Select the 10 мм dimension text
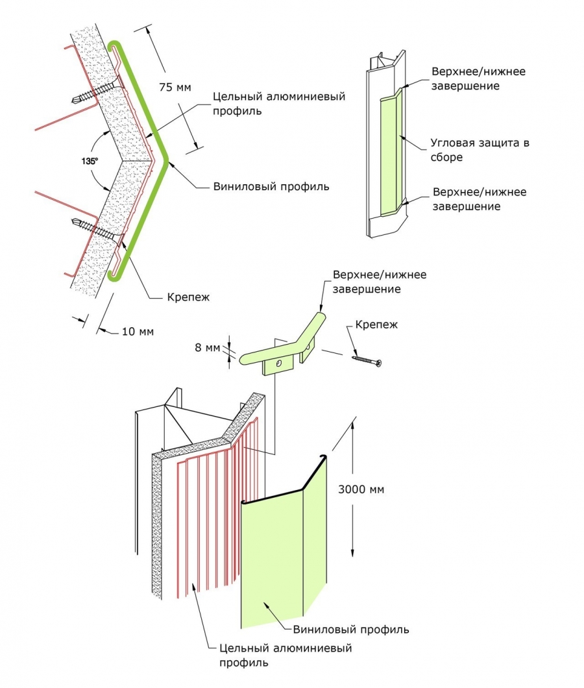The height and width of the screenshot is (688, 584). pyautogui.click(x=137, y=332)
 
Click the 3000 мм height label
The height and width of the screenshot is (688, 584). pyautogui.click(x=361, y=489)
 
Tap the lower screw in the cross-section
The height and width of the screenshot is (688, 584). pyautogui.click(x=94, y=228)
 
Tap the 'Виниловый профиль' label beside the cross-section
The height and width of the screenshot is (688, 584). pyautogui.click(x=271, y=187)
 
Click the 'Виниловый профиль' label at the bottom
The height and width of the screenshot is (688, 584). pyautogui.click(x=350, y=630)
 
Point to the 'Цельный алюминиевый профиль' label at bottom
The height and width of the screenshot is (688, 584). pyautogui.click(x=286, y=656)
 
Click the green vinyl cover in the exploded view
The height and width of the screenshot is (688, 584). pyautogui.click(x=279, y=552)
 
